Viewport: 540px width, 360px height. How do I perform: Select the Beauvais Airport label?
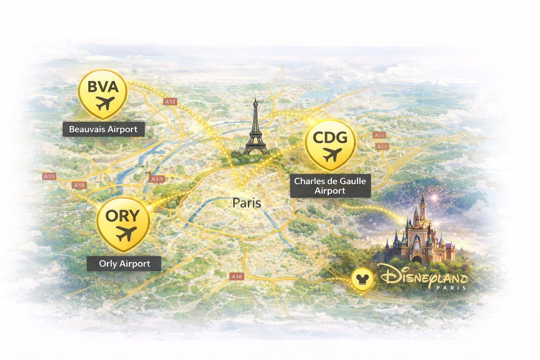[103, 129]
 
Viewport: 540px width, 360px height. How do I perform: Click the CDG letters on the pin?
[330, 137]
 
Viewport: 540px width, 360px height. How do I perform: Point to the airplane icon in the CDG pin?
[332, 154]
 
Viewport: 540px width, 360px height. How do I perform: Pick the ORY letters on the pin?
[122, 216]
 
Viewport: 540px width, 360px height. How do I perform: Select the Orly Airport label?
[124, 264]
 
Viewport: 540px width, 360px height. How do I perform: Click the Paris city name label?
[247, 203]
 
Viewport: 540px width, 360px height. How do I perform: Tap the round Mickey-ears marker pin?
[361, 280]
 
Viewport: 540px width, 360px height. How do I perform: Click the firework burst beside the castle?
[435, 198]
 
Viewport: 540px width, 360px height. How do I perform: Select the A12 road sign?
[170, 102]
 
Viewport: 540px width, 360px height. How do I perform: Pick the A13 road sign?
[49, 176]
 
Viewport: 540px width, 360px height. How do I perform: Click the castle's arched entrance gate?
[417, 259]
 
